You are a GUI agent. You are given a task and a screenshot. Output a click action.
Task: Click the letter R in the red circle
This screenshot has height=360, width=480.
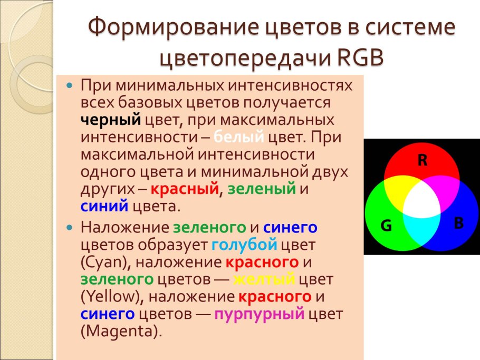(422, 161)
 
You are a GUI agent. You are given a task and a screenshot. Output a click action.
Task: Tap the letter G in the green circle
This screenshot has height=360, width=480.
(387, 226)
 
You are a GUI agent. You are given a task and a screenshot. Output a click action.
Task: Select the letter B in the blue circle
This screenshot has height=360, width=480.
(458, 223)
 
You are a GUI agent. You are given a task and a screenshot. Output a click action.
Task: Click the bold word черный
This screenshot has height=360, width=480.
(111, 119)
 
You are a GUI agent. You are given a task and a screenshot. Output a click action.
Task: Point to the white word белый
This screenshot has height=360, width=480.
(239, 137)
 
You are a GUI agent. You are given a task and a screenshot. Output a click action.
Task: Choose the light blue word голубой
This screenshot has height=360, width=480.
(244, 245)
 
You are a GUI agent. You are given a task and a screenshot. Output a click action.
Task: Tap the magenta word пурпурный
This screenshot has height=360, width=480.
(260, 315)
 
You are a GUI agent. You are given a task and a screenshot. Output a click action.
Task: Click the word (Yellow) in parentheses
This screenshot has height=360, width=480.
(109, 297)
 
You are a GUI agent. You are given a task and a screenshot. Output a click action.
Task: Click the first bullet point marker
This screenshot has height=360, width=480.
(68, 84)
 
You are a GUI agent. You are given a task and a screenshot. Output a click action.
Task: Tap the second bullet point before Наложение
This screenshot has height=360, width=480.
(68, 228)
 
